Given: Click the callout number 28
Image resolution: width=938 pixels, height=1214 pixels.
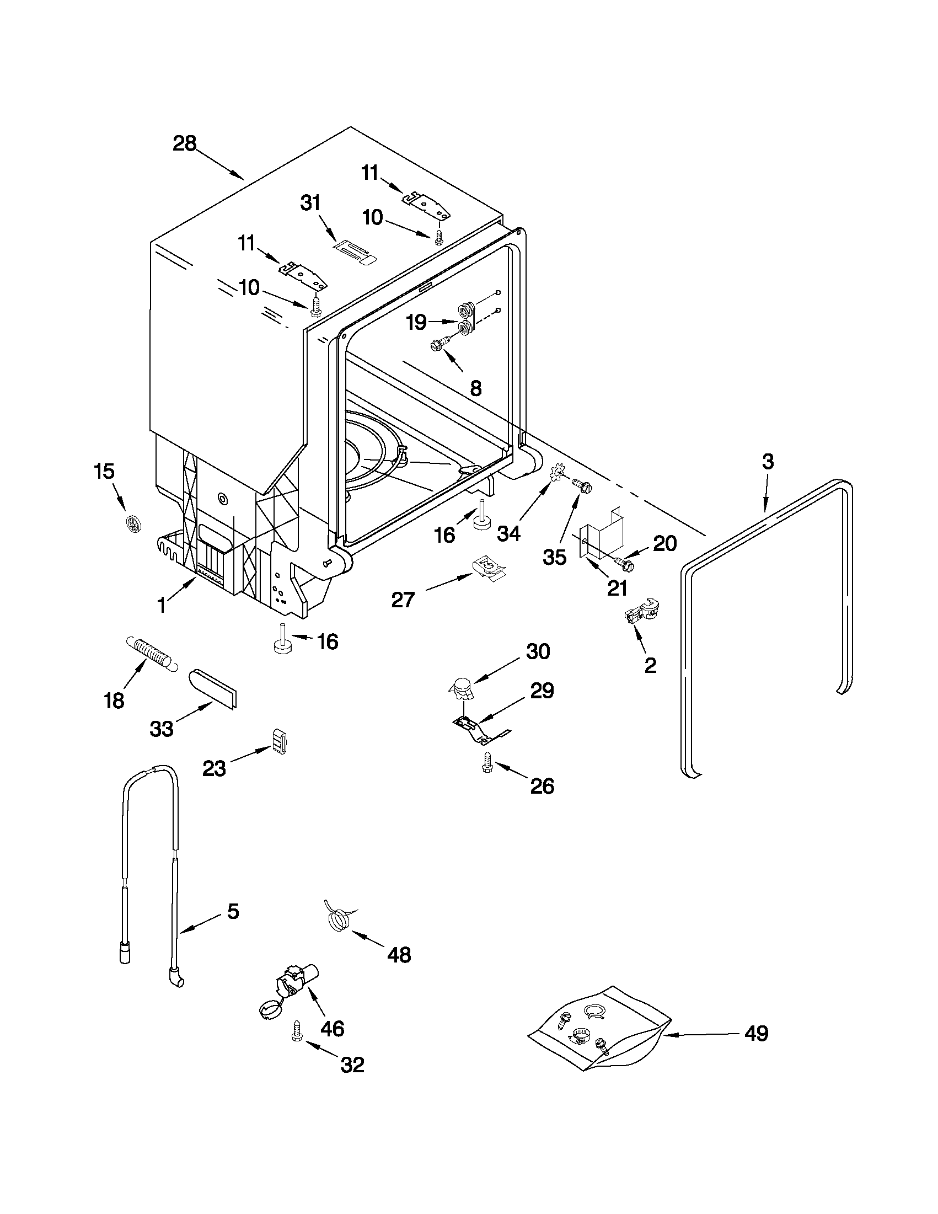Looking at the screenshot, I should point(185,144).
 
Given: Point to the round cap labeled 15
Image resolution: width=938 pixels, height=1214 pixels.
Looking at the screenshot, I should point(134,523).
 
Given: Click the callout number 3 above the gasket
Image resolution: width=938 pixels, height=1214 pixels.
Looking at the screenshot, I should point(768,461).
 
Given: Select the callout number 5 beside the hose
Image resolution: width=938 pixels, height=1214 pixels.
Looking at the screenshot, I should point(233,911).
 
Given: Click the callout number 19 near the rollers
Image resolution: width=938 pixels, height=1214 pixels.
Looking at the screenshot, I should point(416,322).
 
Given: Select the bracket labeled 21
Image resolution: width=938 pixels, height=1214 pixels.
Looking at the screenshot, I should point(601,534).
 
